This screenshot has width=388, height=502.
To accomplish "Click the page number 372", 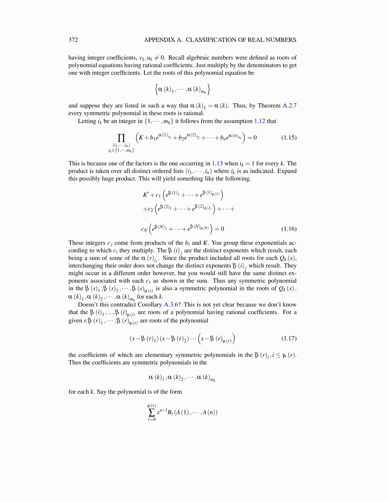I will (x=73, y=40).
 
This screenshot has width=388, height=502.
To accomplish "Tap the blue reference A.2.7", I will (x=289, y=106).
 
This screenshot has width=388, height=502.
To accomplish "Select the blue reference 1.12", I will (x=260, y=121).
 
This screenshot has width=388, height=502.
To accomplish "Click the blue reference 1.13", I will (x=217, y=164).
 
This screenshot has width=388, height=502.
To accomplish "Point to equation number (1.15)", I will (x=289, y=138).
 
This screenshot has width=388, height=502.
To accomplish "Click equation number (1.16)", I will (x=289, y=229).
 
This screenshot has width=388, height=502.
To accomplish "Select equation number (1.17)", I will (x=289, y=338).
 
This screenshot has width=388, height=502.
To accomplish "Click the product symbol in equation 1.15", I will (x=121, y=138).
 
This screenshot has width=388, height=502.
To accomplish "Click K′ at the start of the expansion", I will (x=146, y=195).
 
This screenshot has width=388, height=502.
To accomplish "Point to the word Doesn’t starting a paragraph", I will (x=89, y=305).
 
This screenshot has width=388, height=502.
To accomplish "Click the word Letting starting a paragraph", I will (x=87, y=121).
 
